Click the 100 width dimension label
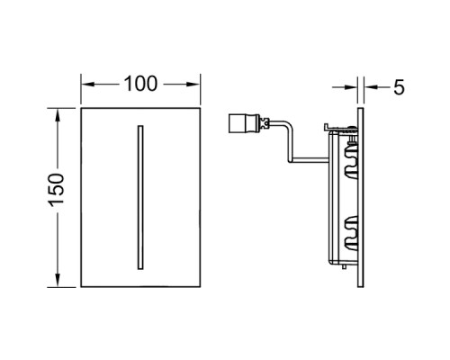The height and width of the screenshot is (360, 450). (x=140, y=84)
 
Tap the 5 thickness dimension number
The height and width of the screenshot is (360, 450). (x=399, y=87)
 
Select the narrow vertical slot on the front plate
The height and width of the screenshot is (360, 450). (x=140, y=197)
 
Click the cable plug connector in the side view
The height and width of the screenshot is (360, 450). (x=245, y=123)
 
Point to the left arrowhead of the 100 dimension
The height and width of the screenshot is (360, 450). (x=88, y=85)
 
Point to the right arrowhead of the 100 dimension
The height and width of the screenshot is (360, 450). (x=193, y=85)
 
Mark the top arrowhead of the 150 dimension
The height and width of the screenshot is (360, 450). (x=58, y=114)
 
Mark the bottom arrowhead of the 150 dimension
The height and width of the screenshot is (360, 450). (x=58, y=280)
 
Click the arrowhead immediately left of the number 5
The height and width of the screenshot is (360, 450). (x=371, y=87)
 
